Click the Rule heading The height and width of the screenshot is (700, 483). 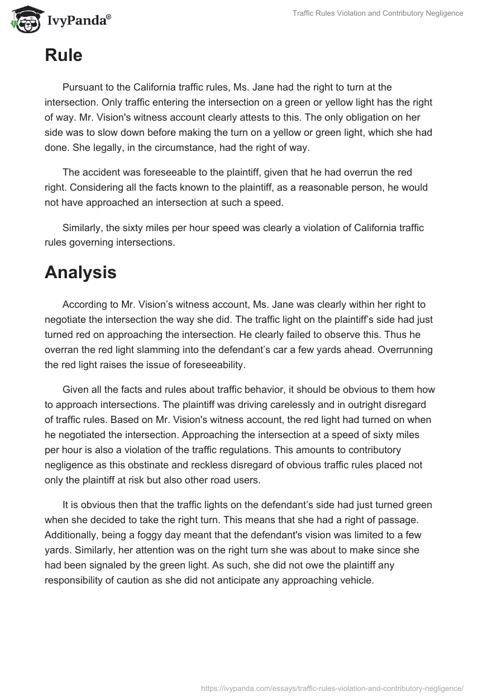63,56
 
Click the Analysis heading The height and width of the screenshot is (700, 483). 80,272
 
